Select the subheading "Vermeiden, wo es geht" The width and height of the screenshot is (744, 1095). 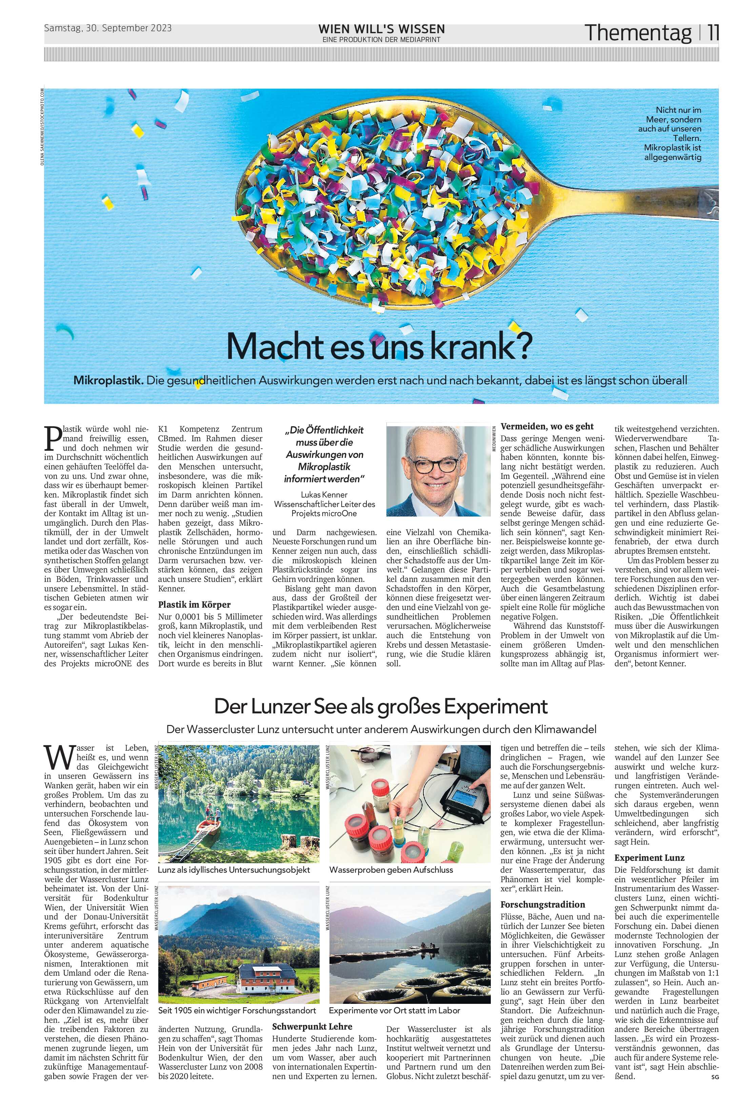(547, 426)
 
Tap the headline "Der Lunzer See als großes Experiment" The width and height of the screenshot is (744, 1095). (381, 706)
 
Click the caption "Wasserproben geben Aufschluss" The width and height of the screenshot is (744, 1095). (391, 869)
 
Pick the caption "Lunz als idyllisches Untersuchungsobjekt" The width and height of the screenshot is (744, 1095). (234, 869)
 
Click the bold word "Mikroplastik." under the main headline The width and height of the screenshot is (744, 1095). (108, 380)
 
